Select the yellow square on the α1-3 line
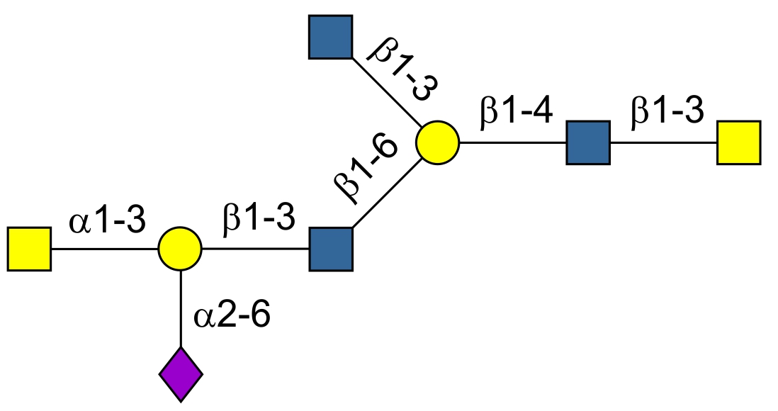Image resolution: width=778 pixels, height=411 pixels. [29, 249]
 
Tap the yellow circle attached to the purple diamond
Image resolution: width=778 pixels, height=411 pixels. [180, 249]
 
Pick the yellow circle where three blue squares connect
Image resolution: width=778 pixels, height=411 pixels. [437, 142]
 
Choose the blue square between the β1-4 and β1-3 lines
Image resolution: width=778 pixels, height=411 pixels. [588, 142]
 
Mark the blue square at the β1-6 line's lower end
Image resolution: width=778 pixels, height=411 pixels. [331, 249]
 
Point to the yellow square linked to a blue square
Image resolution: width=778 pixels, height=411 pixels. [738, 142]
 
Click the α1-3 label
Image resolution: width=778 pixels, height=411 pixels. [107, 223]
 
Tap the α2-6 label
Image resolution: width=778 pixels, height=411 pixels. [232, 316]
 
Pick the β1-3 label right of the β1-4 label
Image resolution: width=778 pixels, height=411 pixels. [667, 113]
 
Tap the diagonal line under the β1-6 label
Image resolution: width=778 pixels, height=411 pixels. [387, 193]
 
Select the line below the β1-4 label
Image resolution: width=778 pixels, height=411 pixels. [513, 142]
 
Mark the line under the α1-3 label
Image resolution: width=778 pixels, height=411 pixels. [104, 249]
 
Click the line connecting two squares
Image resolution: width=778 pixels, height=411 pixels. [663, 142]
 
